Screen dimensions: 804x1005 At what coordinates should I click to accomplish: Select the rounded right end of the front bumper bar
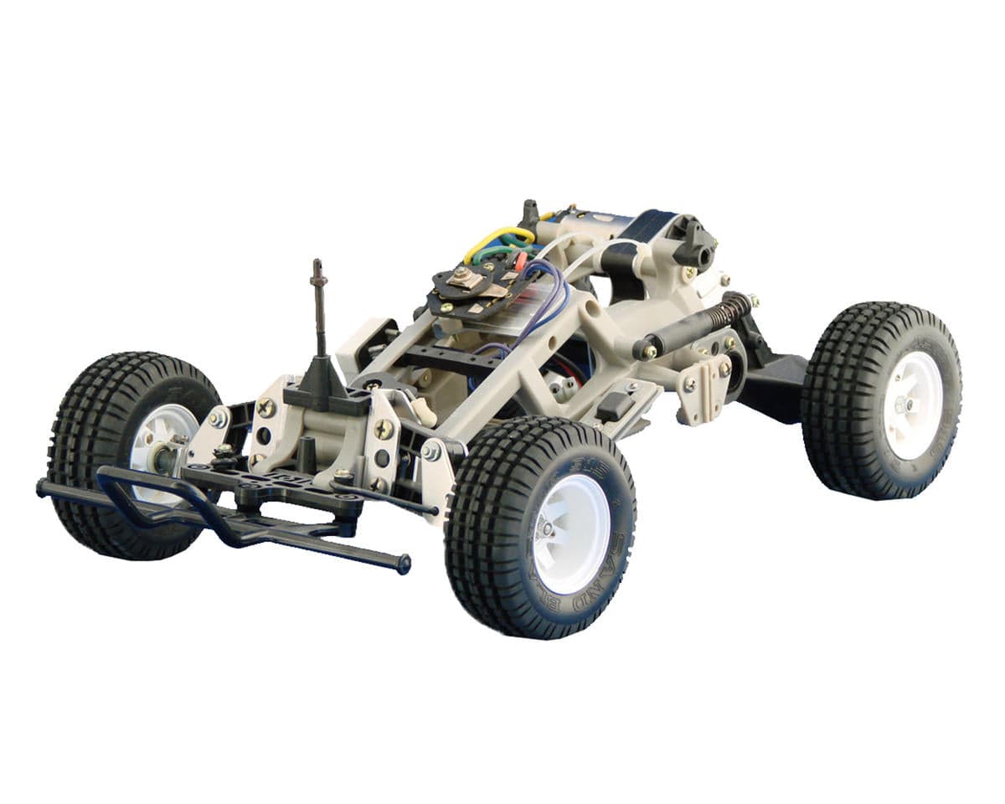click(x=404, y=565)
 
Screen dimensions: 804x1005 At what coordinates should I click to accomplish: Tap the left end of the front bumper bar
click(x=43, y=487)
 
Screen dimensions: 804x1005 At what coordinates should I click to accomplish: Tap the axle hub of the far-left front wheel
click(x=167, y=456)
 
